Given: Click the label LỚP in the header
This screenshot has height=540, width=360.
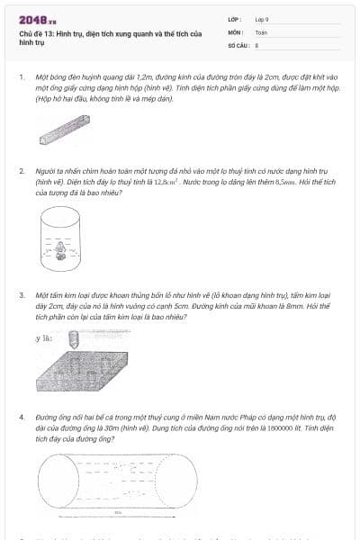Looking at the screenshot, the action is [235, 19].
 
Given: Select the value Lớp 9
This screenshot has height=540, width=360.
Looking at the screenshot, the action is [262, 19].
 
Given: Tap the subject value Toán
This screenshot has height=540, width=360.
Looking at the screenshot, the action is [261, 31].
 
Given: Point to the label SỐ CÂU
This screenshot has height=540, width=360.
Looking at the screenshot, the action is [238, 43].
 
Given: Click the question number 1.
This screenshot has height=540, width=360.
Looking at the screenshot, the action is [21, 77].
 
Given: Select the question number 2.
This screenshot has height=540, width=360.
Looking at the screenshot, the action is [21, 170].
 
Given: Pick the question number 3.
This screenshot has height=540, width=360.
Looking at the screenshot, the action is [21, 294].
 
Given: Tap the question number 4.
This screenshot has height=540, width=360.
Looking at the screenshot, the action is [21, 418].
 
